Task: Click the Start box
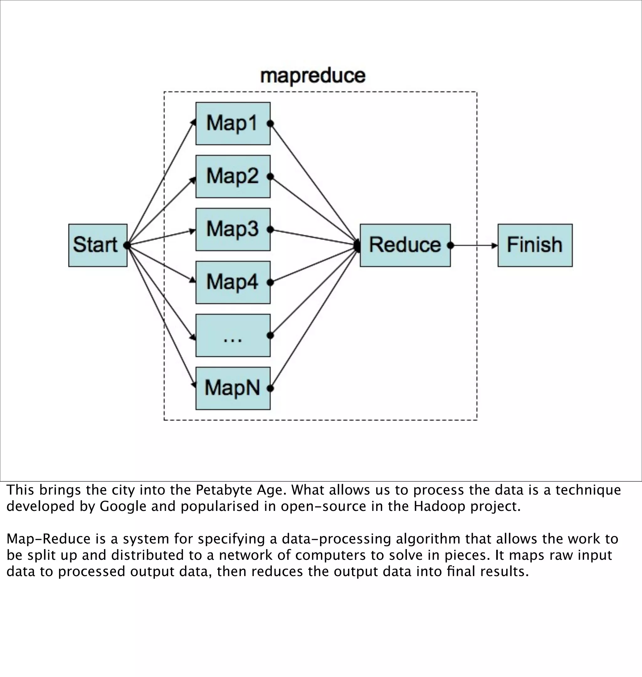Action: point(97,245)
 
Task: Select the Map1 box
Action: point(233,123)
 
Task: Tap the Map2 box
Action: point(233,176)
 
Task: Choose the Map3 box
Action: point(233,229)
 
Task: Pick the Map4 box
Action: point(233,282)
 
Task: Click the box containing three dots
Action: point(233,335)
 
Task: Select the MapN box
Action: point(233,388)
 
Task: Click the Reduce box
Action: point(405,245)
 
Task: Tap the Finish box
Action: point(535,245)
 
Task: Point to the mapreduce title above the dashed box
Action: point(313,76)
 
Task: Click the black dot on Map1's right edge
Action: point(270,123)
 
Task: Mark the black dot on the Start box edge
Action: point(127,245)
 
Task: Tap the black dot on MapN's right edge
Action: point(270,388)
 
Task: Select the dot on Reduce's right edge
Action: point(450,245)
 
